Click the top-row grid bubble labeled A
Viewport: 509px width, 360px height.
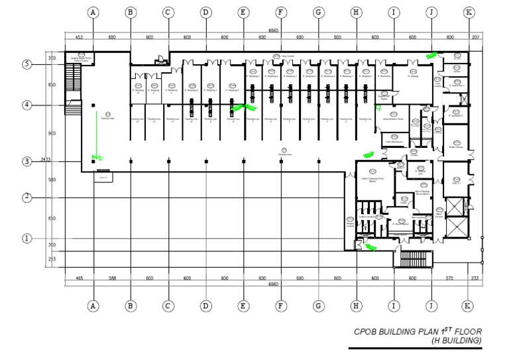tap(93, 12)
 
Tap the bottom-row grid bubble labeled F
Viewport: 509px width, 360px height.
tap(281, 306)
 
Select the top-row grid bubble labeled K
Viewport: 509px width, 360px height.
tap(469, 12)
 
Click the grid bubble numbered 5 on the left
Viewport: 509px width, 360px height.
tap(27, 64)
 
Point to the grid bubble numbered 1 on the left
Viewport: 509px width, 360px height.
tap(27, 238)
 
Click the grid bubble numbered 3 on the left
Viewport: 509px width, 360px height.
tap(27, 161)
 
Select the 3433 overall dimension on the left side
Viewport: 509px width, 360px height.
tap(45, 160)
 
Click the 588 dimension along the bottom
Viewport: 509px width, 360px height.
tap(112, 278)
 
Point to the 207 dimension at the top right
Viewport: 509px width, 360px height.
tap(475, 37)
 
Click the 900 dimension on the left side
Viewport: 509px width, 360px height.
tap(52, 133)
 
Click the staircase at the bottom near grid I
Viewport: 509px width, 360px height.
tap(412, 258)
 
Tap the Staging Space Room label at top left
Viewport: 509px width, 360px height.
tap(80, 58)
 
